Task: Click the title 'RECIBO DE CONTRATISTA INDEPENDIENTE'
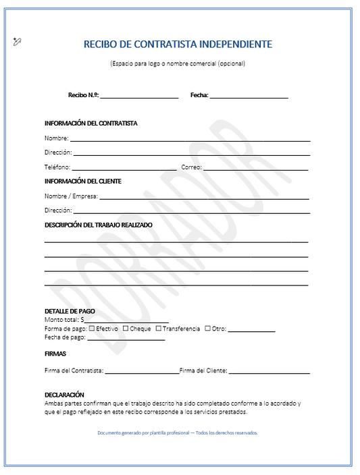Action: tap(178, 45)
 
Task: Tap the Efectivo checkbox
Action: tap(93, 329)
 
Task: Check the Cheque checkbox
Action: tap(126, 329)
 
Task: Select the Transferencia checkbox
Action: tap(159, 329)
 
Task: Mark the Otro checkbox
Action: tap(207, 329)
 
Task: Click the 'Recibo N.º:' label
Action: tap(83, 96)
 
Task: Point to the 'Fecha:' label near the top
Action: tap(199, 96)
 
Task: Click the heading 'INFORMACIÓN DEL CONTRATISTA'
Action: tap(91, 123)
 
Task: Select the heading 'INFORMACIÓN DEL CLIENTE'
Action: tap(83, 181)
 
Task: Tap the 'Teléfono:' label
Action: tap(57, 167)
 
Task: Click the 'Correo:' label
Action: tap(192, 167)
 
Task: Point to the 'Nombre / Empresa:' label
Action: tap(71, 196)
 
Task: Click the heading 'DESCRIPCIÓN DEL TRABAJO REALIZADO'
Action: tap(99, 225)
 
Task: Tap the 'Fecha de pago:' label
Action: tap(65, 337)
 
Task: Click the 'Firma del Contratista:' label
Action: tap(74, 370)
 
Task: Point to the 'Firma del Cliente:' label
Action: tap(203, 370)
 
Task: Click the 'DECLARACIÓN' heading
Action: tap(64, 394)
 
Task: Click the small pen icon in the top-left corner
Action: tap(17, 42)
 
